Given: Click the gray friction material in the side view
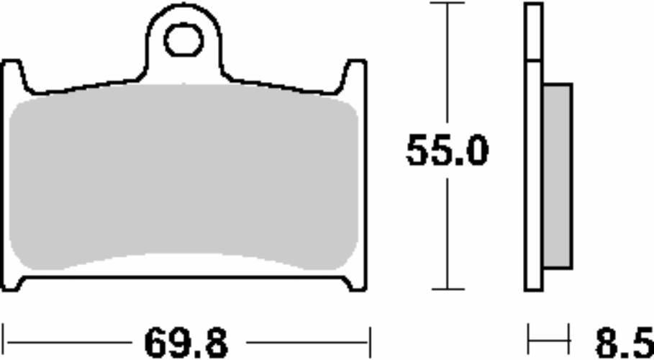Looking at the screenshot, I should (557, 176).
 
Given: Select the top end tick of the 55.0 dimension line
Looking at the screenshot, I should (447, 4).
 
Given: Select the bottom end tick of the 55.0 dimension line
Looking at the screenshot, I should (447, 289).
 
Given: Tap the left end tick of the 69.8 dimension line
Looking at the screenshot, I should (4, 336).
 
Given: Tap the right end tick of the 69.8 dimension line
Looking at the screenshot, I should (369, 336).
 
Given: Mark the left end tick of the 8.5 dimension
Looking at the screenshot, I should (529, 336).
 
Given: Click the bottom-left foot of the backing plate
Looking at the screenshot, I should (20, 284).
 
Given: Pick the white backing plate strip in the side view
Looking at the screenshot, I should (533, 180).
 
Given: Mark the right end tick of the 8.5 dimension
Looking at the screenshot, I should (569, 336).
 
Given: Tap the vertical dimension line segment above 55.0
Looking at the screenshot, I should (447, 65).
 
